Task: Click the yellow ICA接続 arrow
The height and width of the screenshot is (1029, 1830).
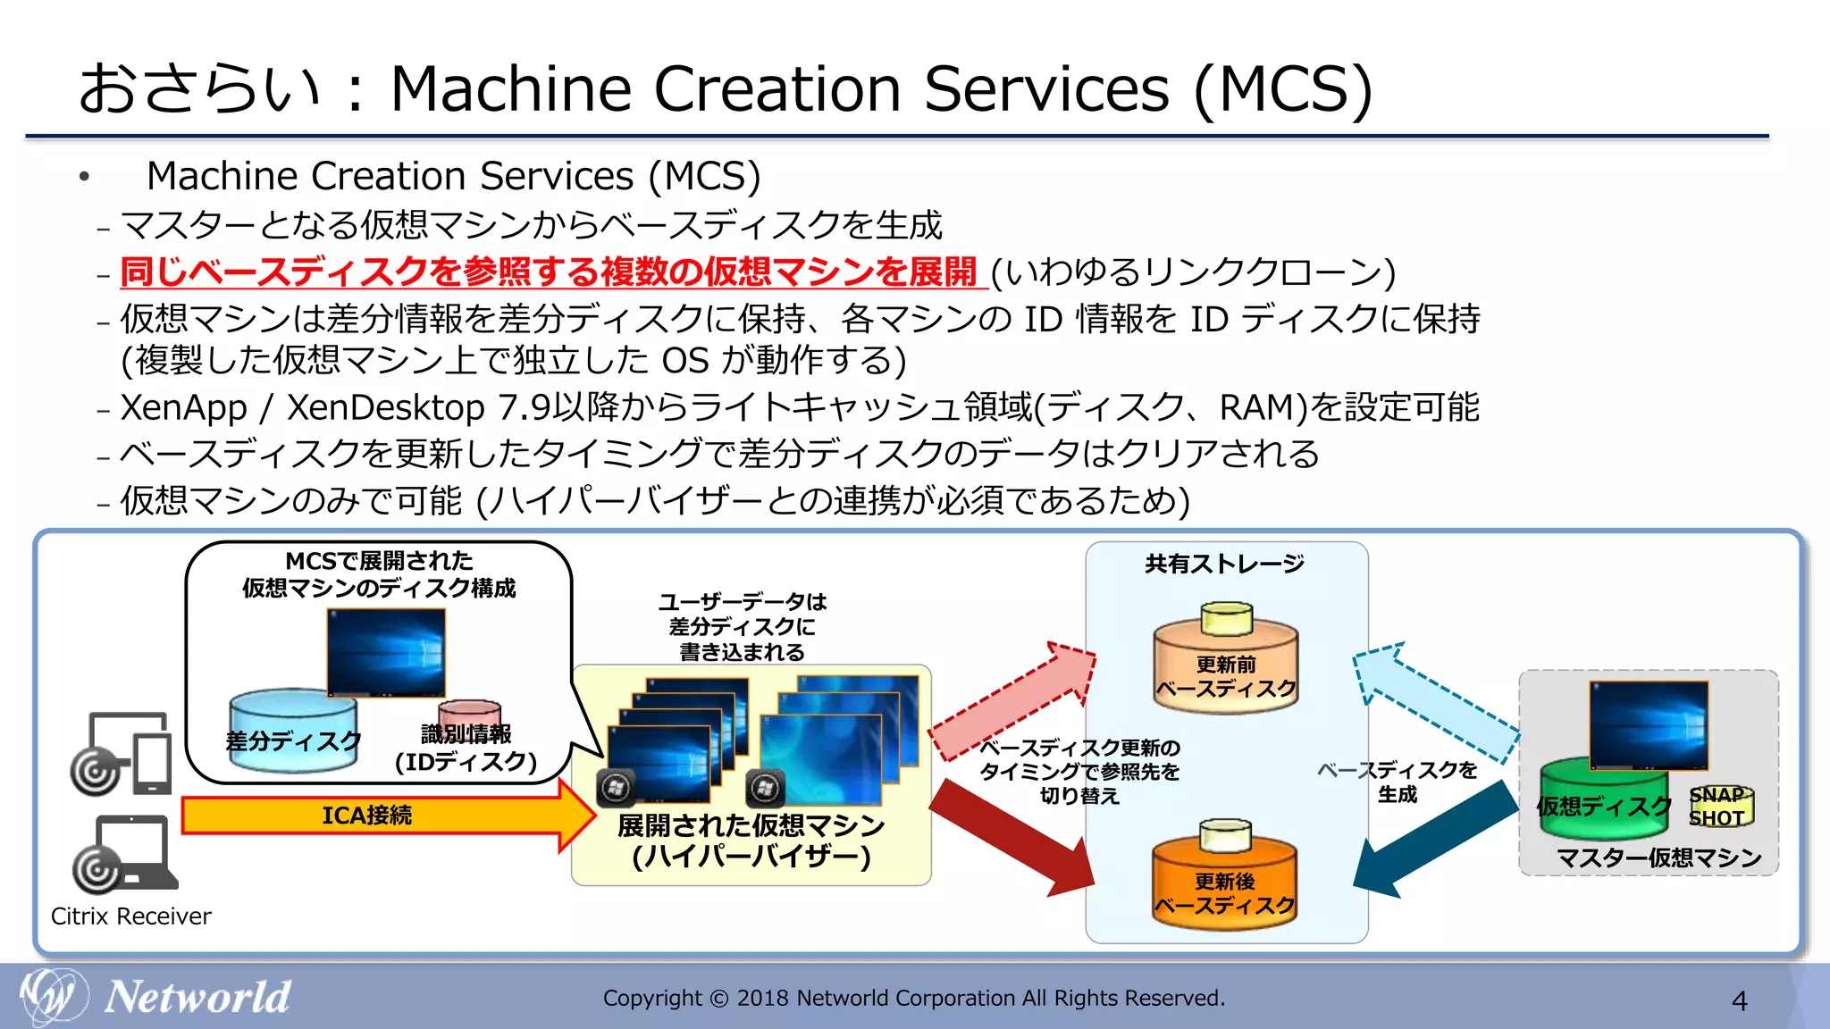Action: (x=375, y=816)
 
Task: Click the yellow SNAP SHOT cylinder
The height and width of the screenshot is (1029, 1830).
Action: (x=1720, y=807)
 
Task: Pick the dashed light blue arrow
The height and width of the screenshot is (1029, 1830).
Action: (x=1434, y=697)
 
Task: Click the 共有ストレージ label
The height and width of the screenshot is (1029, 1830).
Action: (x=1225, y=564)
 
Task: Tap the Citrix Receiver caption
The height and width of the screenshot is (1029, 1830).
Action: (x=131, y=916)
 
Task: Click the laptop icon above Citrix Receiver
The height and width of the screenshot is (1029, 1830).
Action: (x=125, y=853)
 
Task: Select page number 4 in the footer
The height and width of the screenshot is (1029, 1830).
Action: (x=1739, y=1001)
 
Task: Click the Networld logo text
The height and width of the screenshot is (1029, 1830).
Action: (x=197, y=997)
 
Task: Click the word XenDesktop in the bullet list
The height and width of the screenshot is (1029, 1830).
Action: (x=385, y=407)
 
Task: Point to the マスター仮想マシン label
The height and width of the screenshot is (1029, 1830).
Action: (x=1658, y=858)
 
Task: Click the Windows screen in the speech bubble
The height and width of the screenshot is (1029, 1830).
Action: (x=386, y=652)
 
